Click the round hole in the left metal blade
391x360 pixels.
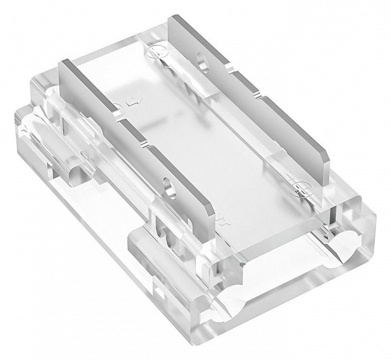point(172,186)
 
